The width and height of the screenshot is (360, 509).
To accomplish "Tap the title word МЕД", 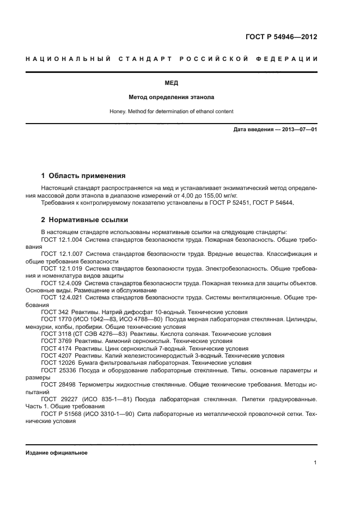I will click(x=171, y=83).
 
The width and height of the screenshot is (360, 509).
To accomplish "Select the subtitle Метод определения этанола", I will click(x=171, y=97).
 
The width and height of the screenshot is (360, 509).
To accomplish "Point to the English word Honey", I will click(x=117, y=112).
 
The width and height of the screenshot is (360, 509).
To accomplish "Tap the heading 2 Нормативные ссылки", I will click(x=84, y=220).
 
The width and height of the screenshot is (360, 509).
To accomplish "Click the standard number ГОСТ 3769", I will click(x=56, y=341).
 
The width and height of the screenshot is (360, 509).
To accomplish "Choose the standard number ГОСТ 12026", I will click(x=58, y=363).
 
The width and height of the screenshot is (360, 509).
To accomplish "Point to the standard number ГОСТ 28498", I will click(x=58, y=384).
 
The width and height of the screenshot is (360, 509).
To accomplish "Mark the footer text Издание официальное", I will click(x=56, y=453).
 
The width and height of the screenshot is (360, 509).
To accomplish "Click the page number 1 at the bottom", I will click(x=315, y=463).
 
